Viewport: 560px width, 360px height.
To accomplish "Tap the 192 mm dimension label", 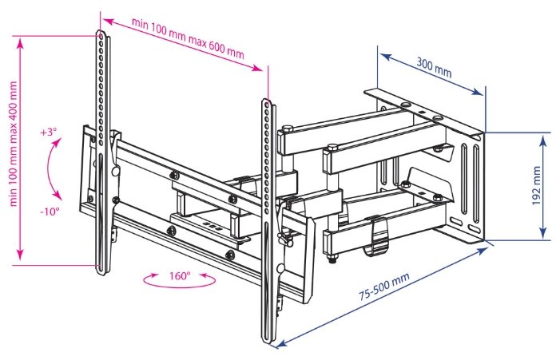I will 537,184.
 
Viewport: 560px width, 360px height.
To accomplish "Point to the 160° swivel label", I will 179,275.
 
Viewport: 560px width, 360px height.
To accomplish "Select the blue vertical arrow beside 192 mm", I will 544,184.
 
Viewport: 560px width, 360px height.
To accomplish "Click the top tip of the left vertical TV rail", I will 101,33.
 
